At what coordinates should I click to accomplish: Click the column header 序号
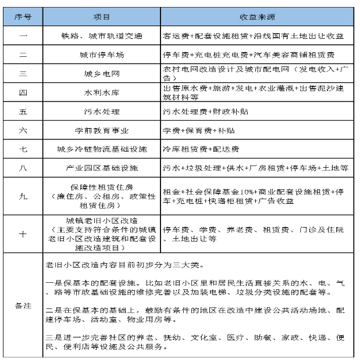tap(23, 16)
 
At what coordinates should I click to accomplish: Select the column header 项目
tap(101, 16)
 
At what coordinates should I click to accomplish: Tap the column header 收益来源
tap(256, 16)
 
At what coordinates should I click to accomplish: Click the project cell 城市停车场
tap(101, 55)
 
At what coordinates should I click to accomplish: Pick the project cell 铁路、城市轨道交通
tap(101, 35)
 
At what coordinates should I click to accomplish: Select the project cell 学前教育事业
tap(101, 130)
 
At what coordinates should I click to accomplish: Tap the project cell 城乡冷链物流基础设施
tap(101, 149)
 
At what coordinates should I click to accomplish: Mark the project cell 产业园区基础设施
tap(101, 168)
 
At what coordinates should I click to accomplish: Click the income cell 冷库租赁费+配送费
tap(201, 149)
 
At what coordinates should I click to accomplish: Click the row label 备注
tap(23, 306)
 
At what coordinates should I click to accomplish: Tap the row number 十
tap(23, 233)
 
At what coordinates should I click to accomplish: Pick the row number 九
tap(23, 196)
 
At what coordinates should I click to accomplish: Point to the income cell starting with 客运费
tap(254, 35)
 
